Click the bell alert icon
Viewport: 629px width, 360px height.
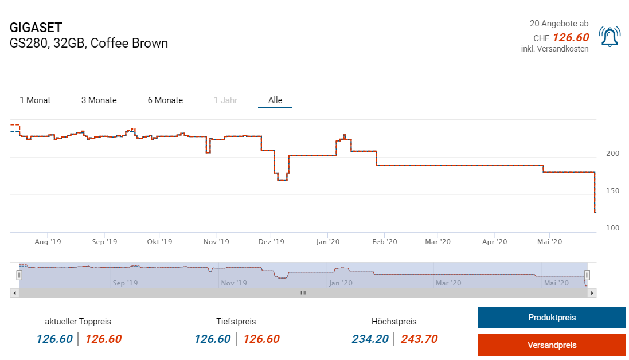click(x=609, y=37)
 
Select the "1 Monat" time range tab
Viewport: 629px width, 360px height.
click(x=35, y=100)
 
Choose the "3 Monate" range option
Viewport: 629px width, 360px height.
click(x=99, y=100)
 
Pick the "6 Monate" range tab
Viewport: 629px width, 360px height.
click(x=165, y=100)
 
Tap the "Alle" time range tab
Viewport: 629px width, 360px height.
click(x=275, y=100)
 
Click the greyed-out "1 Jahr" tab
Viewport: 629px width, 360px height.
click(x=225, y=100)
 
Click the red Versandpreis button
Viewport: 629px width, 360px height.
click(x=552, y=345)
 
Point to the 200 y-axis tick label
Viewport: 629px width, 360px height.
click(x=612, y=154)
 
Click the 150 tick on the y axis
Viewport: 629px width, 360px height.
click(x=612, y=191)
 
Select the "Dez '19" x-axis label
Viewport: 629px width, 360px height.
click(x=271, y=242)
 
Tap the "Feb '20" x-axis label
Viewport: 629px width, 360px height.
click(x=384, y=242)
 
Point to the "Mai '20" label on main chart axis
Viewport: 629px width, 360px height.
click(x=549, y=242)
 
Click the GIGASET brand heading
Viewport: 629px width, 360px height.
click(x=36, y=28)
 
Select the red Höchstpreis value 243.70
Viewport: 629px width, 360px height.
click(x=419, y=339)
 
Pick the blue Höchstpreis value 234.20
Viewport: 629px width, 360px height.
click(x=370, y=339)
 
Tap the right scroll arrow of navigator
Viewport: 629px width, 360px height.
click(x=592, y=292)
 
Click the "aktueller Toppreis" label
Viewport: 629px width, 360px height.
click(x=78, y=322)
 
